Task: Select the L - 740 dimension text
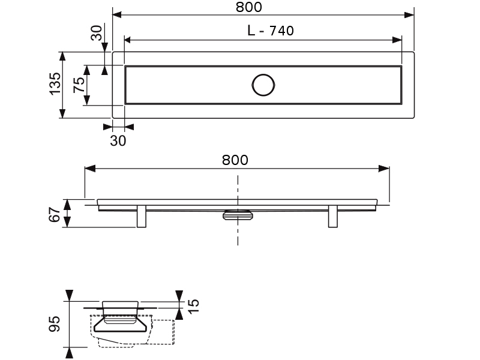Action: (x=271, y=31)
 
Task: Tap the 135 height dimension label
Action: (x=55, y=85)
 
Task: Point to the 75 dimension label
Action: (x=79, y=85)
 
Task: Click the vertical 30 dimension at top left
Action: (x=97, y=33)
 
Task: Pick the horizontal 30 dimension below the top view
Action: (x=118, y=140)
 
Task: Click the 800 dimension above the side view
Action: (x=235, y=160)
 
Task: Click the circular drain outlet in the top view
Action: (x=263, y=85)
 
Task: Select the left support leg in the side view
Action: (x=142, y=217)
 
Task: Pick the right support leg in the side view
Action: (x=334, y=217)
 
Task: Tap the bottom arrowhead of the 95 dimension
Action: (x=70, y=353)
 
